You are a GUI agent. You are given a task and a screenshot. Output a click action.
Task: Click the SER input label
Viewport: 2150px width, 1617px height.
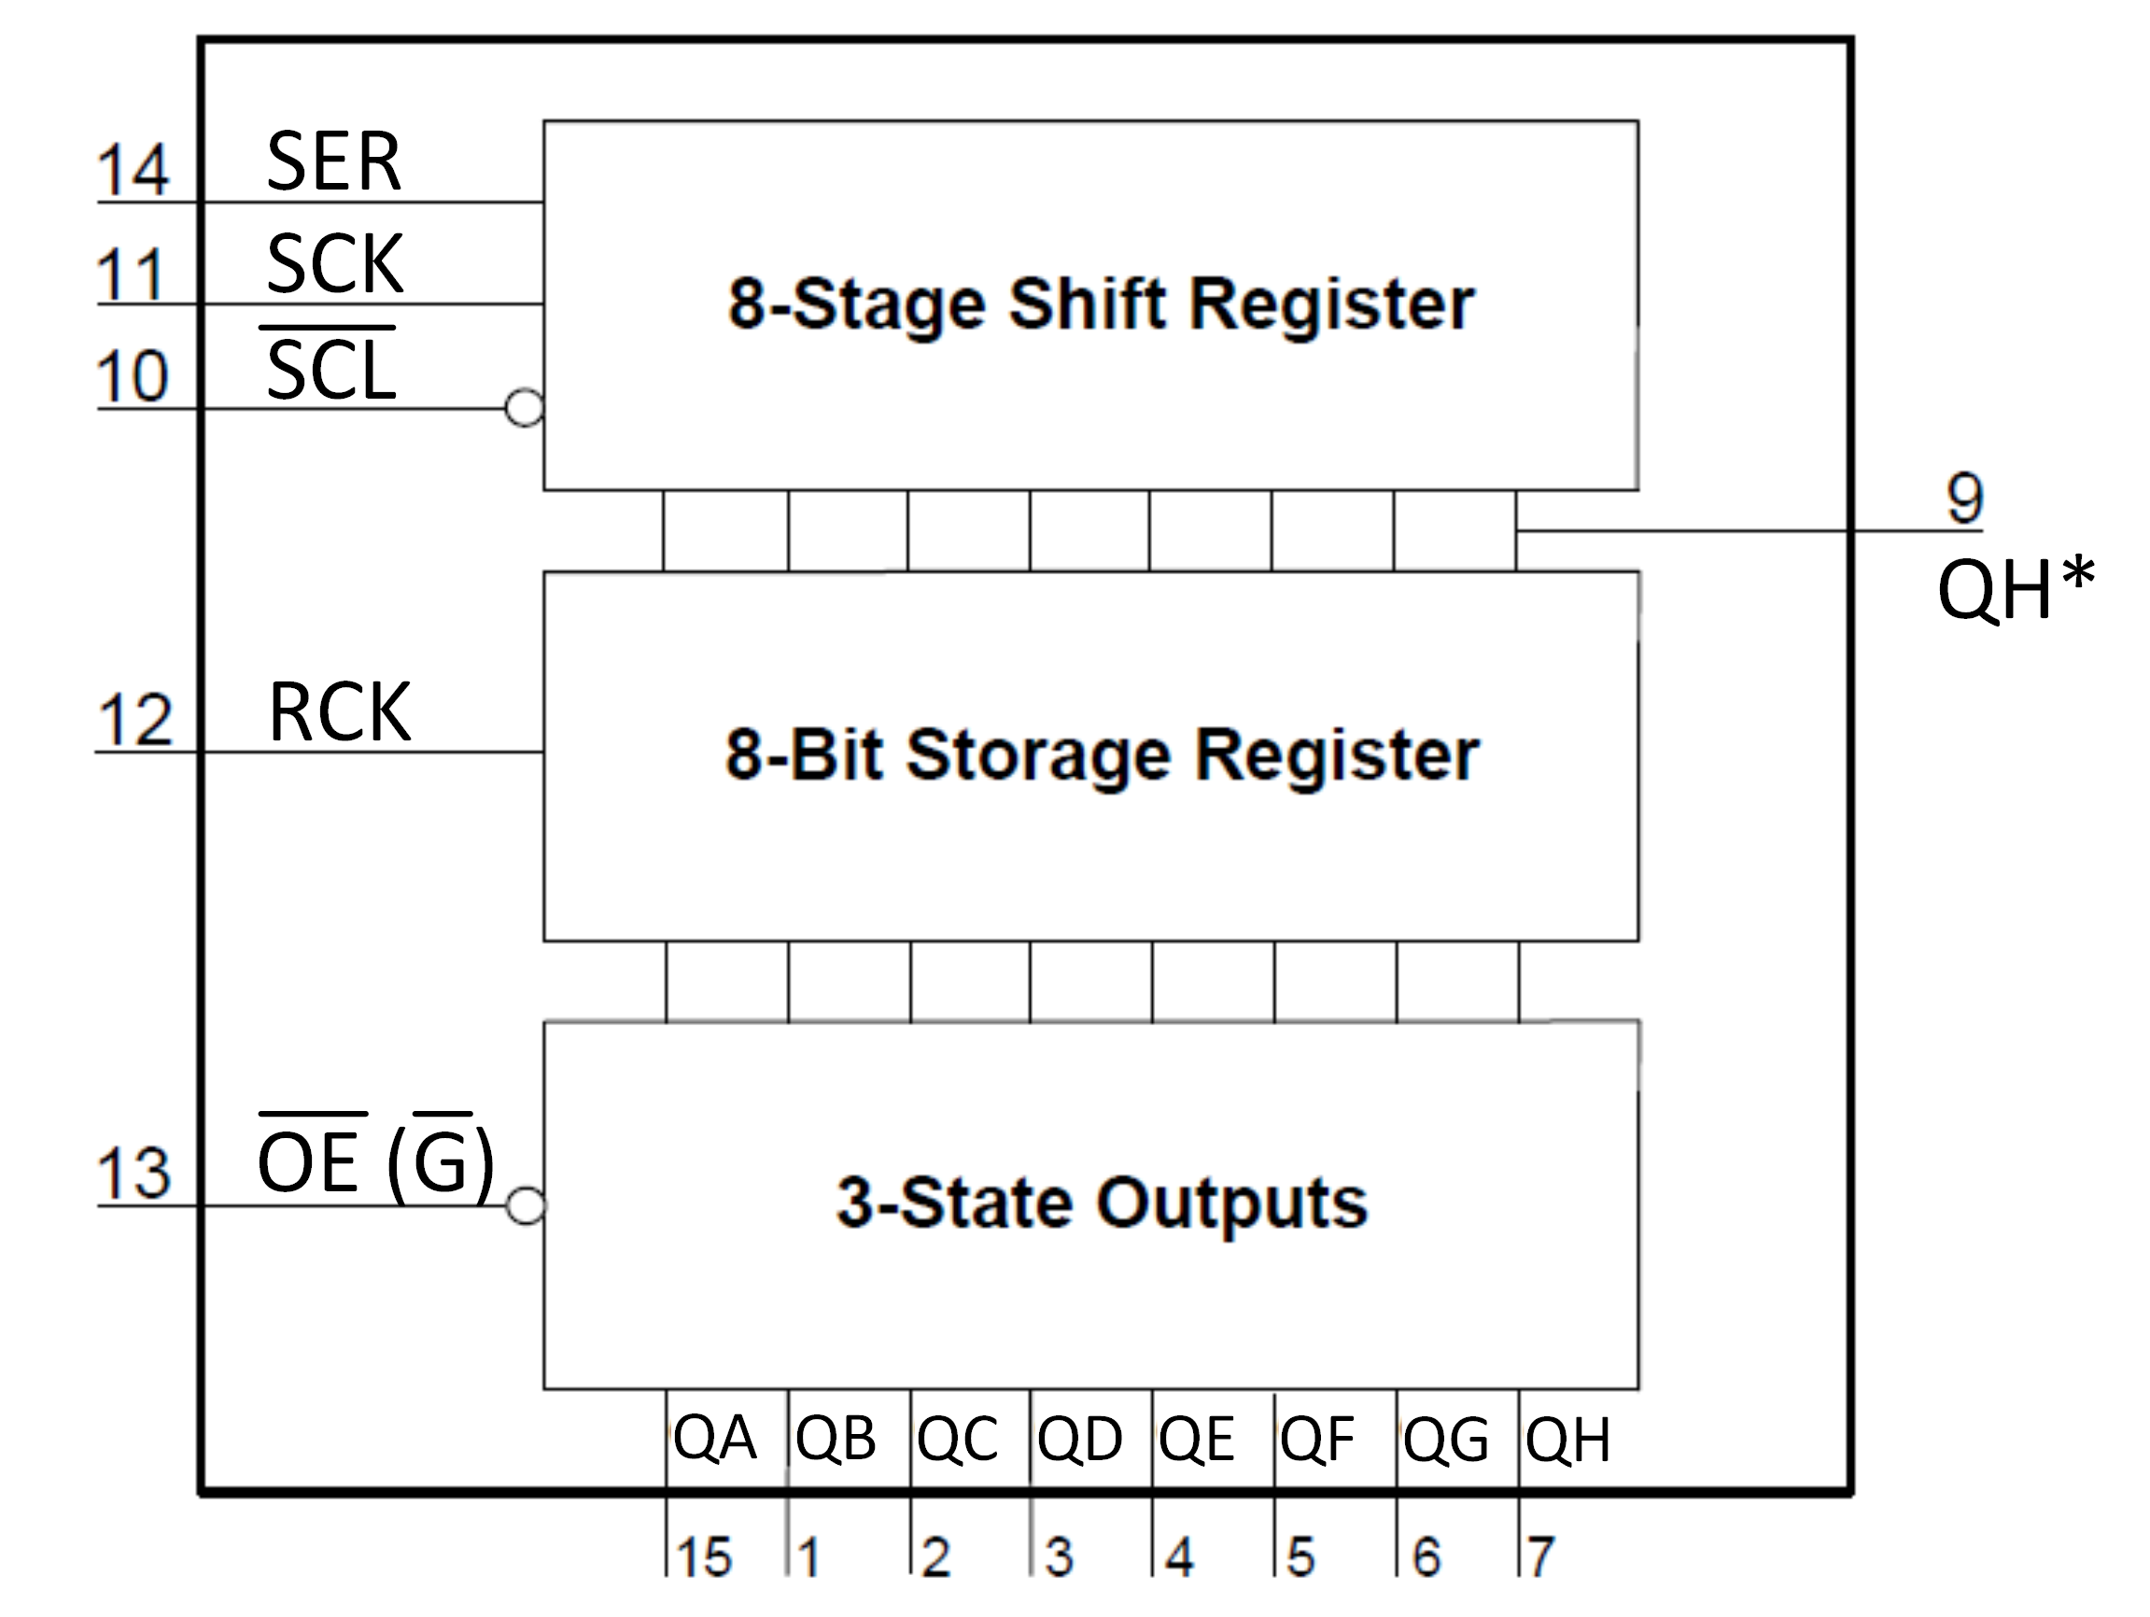[x=333, y=162]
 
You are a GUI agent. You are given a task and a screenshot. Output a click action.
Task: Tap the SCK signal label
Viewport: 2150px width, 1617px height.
[x=334, y=264]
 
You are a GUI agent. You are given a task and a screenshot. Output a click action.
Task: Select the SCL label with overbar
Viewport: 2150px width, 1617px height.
[x=330, y=370]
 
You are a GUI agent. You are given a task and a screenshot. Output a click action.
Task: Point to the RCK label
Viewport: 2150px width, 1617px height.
[x=339, y=713]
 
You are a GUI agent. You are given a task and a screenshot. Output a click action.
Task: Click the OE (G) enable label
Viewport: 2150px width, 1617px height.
[x=376, y=1162]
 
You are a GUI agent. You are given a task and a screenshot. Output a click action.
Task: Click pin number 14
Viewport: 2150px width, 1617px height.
[x=133, y=171]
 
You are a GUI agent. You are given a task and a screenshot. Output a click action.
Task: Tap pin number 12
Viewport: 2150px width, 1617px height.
[x=135, y=721]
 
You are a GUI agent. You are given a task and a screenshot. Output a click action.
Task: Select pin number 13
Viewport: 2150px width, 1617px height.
[x=133, y=1174]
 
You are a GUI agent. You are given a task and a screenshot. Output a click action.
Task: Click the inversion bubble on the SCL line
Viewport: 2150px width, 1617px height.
[x=524, y=408]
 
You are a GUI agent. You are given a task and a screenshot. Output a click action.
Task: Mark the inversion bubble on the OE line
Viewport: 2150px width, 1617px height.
[x=526, y=1207]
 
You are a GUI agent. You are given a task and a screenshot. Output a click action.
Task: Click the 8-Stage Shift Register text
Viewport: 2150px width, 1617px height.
[x=1102, y=304]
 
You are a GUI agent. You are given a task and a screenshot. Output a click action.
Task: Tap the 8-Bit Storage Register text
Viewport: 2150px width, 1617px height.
[x=1103, y=755]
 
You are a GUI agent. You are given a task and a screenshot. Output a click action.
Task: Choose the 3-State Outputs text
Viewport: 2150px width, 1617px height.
[x=1103, y=1203]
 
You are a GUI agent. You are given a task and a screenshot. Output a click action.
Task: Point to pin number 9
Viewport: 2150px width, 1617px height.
[x=1964, y=499]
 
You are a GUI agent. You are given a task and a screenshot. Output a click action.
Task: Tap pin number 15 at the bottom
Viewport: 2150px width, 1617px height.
[x=704, y=1556]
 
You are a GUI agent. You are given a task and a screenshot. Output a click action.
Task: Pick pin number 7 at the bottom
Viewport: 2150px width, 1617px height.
[x=1540, y=1556]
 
